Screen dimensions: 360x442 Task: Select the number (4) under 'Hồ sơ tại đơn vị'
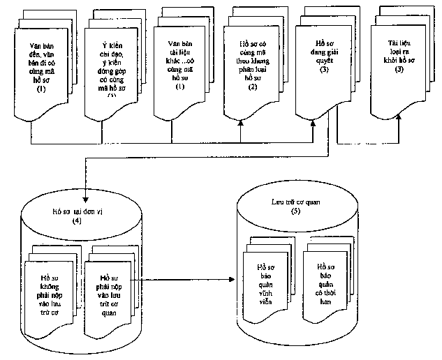coord(77,220)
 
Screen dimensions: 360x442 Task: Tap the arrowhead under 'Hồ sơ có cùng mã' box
coord(242,121)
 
